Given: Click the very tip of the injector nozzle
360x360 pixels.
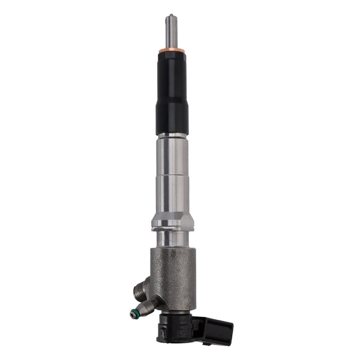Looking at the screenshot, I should [x=171, y=15].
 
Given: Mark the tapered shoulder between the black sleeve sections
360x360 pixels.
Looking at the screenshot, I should [x=172, y=100].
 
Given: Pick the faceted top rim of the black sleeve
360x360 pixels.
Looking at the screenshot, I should [x=172, y=55].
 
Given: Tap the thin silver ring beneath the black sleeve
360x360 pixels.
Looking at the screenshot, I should [x=172, y=136].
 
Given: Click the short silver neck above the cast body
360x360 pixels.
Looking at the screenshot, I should [x=173, y=239].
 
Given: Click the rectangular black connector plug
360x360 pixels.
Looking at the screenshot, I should [x=218, y=329].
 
